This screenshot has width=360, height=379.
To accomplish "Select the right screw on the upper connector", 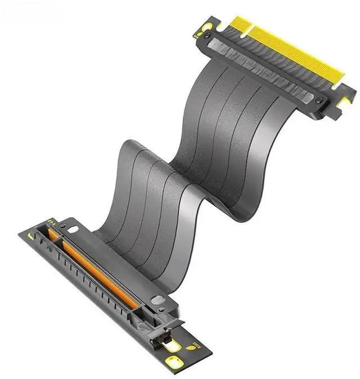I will click(x=320, y=101).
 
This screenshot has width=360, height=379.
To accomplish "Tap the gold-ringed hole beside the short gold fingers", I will click(x=206, y=26).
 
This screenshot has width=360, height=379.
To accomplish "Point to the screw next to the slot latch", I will click(x=163, y=309).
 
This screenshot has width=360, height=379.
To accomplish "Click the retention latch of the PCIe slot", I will click(x=163, y=332).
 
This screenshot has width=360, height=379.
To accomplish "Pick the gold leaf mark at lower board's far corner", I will click(x=30, y=236).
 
